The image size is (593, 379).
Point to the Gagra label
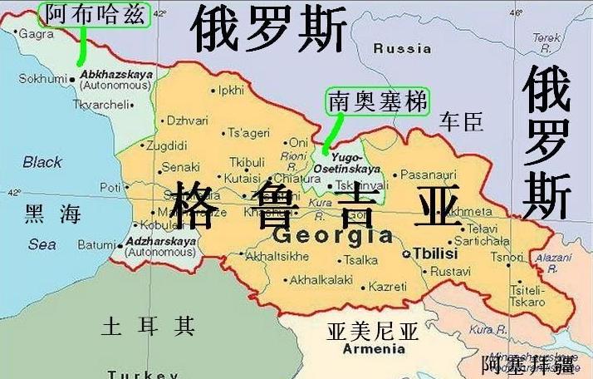37,34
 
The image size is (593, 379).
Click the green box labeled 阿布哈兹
93,14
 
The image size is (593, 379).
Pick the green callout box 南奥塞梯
378,101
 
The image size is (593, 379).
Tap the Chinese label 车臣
461,122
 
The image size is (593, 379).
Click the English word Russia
402,48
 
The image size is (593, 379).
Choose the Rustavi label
451,271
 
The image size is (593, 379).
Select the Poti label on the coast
110,187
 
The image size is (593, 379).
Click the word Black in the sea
42,162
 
